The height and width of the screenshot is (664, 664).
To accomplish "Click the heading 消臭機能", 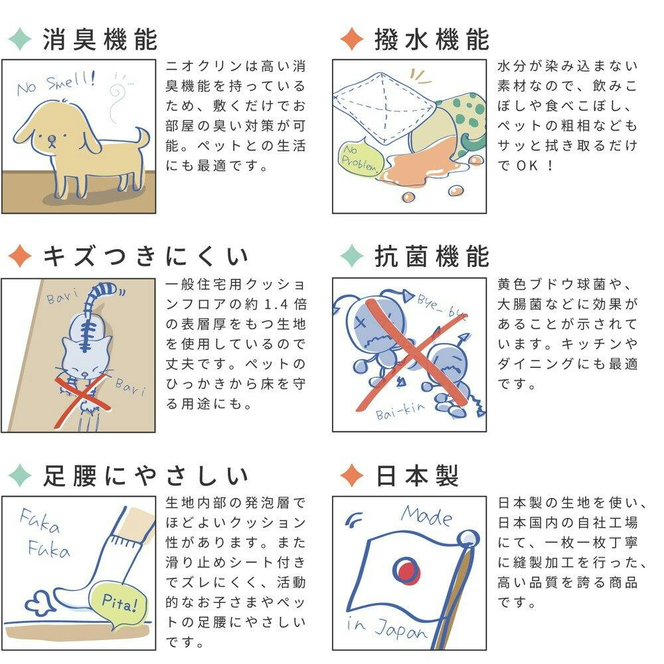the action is tap(100, 40).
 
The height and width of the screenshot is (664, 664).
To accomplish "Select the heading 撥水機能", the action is tap(432, 40).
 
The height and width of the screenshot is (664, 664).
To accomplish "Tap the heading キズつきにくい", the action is tap(145, 256).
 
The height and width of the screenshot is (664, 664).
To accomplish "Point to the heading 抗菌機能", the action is tap(432, 256).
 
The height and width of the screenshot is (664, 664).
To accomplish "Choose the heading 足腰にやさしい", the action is tap(145, 475).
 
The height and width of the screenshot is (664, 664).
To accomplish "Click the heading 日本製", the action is tap(417, 475).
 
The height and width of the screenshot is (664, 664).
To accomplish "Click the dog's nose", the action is tap(52, 139).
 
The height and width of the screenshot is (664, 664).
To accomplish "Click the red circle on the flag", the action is tap(406, 570).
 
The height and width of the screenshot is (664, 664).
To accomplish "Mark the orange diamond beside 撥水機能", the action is tap(352, 39).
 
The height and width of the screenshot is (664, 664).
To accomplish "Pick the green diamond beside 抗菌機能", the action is tap(352, 256).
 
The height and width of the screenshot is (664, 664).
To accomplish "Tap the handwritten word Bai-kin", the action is tap(400, 410).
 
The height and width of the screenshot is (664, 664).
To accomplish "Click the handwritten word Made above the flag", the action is tap(426, 515).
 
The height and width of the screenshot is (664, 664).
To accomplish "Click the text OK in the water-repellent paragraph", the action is tap(527, 165).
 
